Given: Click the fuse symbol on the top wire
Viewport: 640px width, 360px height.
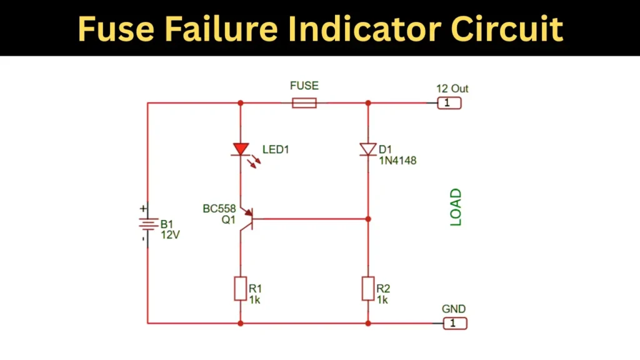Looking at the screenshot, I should click(304, 103).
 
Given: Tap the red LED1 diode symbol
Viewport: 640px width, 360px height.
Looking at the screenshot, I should click(241, 149).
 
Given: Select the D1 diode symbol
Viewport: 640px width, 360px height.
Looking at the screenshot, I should click(367, 149).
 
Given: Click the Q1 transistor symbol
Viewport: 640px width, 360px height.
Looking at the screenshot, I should click(246, 218).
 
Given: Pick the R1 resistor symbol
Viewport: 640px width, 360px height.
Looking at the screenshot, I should click(241, 289).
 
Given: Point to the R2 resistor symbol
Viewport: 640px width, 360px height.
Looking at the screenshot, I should click(367, 289).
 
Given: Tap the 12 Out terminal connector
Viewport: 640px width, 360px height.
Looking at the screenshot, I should click(449, 103).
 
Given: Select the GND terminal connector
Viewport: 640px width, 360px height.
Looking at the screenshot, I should click(454, 323).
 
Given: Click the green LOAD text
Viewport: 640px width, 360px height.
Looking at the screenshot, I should click(456, 207).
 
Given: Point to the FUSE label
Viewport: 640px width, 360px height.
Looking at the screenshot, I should click(304, 86).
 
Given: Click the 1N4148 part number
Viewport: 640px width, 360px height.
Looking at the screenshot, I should click(397, 161).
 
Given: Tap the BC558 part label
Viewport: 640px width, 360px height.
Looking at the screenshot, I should click(219, 209).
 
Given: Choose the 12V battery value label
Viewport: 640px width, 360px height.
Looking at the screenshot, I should click(170, 235).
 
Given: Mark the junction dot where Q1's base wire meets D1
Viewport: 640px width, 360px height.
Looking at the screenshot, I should click(367, 219).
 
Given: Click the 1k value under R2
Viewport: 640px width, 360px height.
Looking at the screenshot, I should click(382, 300).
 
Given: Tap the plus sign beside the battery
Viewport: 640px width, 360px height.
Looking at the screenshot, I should click(144, 209).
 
